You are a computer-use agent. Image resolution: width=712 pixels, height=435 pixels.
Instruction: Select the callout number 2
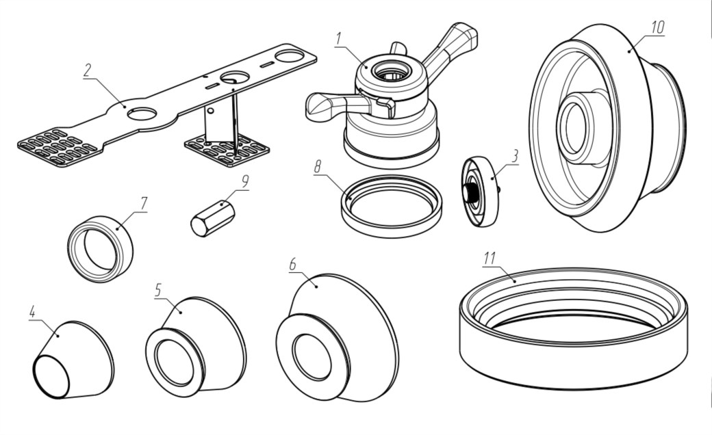pyautogui.click(x=88, y=70)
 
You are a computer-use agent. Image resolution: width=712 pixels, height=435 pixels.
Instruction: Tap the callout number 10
pyautogui.click(x=657, y=27)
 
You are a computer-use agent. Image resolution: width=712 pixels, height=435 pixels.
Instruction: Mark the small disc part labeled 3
pyautogui.click(x=482, y=192)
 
